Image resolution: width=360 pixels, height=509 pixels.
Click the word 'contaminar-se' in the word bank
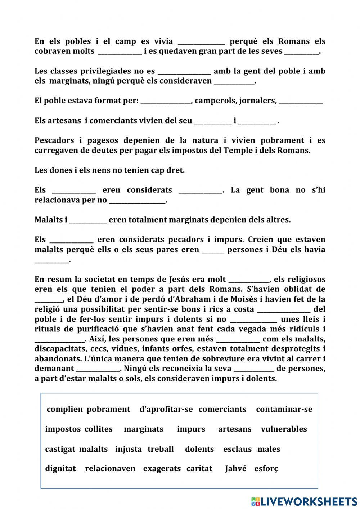click(284, 409)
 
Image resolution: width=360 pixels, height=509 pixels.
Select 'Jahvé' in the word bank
click(236, 469)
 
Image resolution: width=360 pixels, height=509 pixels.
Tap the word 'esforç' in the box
click(266, 469)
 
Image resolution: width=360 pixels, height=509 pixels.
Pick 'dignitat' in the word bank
click(60, 469)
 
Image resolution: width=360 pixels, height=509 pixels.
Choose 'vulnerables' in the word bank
click(284, 429)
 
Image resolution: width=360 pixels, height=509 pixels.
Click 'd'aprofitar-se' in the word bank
click(166, 409)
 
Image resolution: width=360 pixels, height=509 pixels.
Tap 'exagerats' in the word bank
click(162, 469)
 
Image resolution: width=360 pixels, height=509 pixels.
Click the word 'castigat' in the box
click(60, 449)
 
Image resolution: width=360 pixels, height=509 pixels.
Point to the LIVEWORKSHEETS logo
click(304, 501)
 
